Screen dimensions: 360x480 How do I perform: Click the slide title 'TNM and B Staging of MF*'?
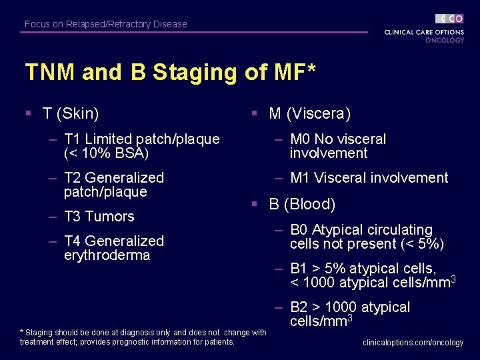(x=170, y=72)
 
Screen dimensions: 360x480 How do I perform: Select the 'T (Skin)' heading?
(x=71, y=114)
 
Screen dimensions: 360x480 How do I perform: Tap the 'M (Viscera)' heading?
(x=309, y=114)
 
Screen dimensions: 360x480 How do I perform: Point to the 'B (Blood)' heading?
(x=302, y=204)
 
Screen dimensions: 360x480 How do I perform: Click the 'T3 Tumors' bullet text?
(x=99, y=217)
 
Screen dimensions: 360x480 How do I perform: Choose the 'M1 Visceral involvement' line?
(x=369, y=178)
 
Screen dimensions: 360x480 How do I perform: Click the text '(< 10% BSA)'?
(x=106, y=153)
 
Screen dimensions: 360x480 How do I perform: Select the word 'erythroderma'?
(x=107, y=255)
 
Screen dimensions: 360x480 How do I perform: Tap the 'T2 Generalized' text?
(x=113, y=178)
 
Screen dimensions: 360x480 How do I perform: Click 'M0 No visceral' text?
(x=338, y=139)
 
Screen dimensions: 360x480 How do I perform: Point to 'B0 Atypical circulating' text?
(x=361, y=230)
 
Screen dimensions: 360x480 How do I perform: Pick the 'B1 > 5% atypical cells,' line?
(x=363, y=269)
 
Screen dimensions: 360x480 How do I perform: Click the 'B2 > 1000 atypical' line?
(x=350, y=307)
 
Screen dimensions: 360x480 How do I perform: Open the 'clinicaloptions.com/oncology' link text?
(x=413, y=343)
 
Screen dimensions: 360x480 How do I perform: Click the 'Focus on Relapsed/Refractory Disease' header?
(x=106, y=24)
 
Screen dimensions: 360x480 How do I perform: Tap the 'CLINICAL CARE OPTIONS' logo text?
(x=424, y=32)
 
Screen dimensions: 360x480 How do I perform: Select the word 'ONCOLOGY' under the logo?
(x=445, y=40)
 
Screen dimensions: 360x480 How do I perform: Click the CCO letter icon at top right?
(x=450, y=19)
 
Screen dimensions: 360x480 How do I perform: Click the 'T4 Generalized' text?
(x=113, y=241)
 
